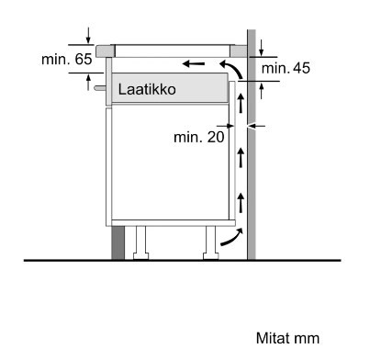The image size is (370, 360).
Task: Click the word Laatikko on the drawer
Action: tap(146, 90)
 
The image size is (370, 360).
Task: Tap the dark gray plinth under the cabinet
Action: tap(118, 242)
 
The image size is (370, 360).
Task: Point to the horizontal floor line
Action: tap(184, 261)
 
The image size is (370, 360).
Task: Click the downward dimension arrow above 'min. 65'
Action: tap(88, 35)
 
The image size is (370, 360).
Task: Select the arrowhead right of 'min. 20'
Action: tap(259, 126)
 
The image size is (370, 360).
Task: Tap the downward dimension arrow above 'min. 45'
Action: tap(263, 46)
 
